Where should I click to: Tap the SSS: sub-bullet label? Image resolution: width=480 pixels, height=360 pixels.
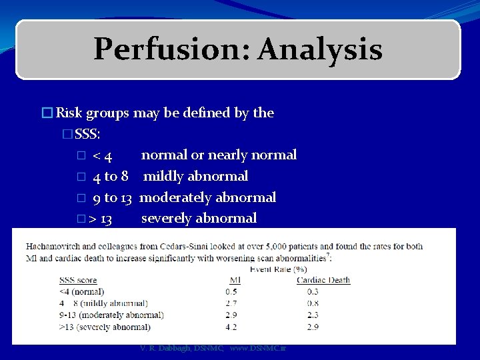(88, 134)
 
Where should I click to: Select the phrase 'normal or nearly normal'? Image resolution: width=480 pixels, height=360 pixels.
(219, 155)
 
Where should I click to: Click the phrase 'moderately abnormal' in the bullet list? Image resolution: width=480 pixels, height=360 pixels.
(207, 198)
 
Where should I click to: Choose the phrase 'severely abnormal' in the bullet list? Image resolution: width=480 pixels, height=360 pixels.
(199, 219)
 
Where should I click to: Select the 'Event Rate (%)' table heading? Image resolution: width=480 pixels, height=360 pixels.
(277, 269)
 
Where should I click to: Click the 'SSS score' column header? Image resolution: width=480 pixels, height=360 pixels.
(79, 280)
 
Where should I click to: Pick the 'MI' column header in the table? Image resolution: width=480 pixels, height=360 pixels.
(235, 280)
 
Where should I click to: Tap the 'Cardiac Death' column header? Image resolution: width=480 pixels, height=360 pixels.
(323, 280)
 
